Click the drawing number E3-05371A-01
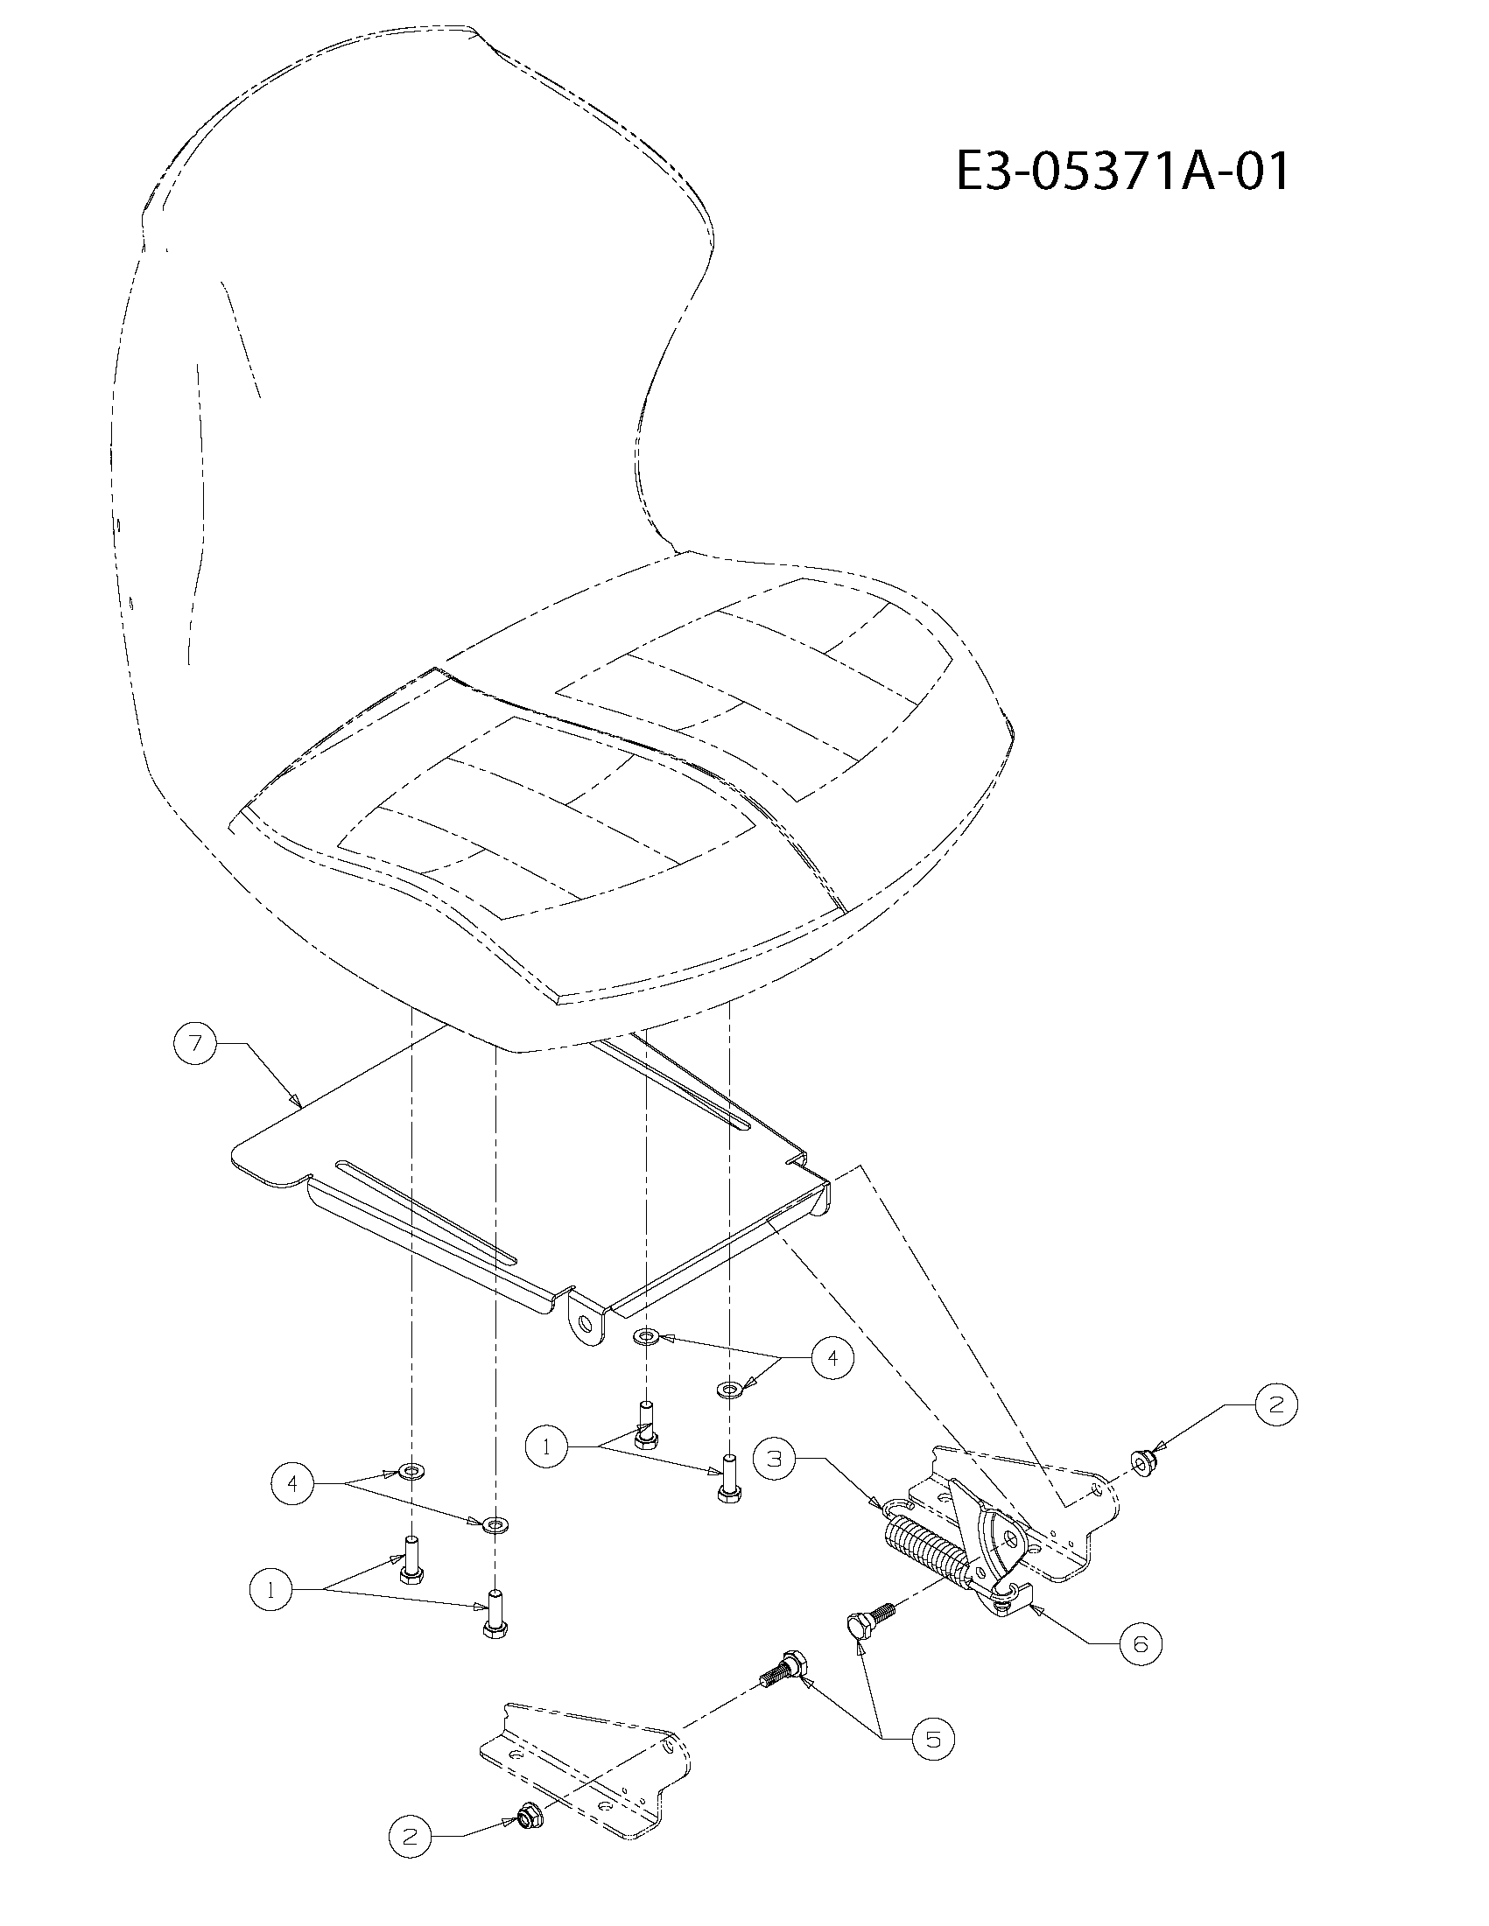point(1122,172)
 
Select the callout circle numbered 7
point(196,1044)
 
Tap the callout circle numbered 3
point(775,1459)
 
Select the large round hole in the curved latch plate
point(1012,1538)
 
